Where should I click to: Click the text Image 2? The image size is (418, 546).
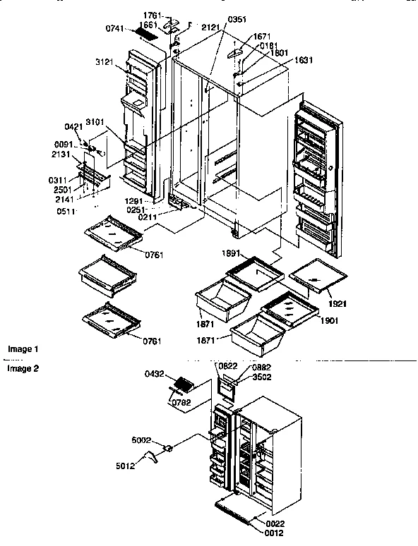(x=23, y=368)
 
